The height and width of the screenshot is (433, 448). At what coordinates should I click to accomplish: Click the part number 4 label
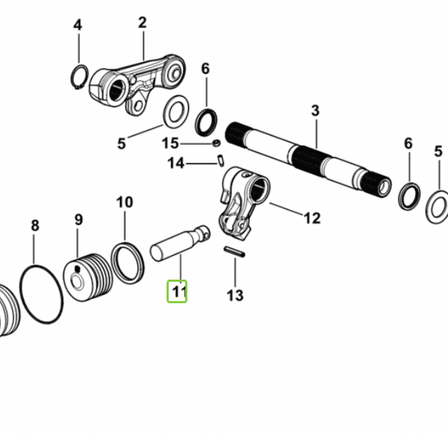point(78,26)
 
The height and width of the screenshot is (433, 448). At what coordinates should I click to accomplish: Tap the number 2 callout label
point(142,23)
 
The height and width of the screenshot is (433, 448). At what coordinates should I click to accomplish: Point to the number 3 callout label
point(314,111)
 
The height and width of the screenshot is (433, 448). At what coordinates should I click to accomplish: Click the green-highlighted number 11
point(177,292)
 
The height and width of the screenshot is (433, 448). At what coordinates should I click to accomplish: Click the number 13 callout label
point(235,295)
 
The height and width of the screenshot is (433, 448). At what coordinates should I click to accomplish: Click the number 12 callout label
point(312,218)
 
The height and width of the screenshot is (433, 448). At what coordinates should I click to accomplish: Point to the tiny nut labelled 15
point(215,144)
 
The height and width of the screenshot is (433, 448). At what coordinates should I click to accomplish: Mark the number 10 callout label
point(124,202)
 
